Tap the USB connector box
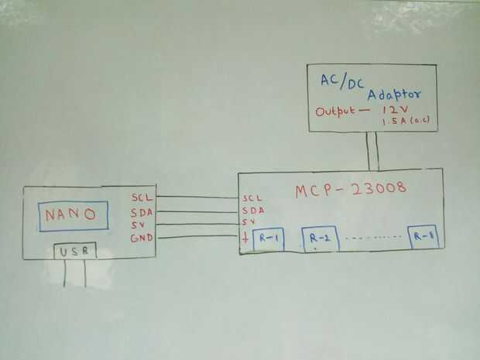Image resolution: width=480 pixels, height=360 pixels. click(x=75, y=252)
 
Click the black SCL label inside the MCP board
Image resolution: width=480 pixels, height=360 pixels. click(x=252, y=198)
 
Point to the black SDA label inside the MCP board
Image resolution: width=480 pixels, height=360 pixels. click(x=252, y=210)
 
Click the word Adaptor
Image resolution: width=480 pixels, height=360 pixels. click(x=394, y=94)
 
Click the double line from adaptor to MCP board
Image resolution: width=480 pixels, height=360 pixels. click(x=374, y=150)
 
